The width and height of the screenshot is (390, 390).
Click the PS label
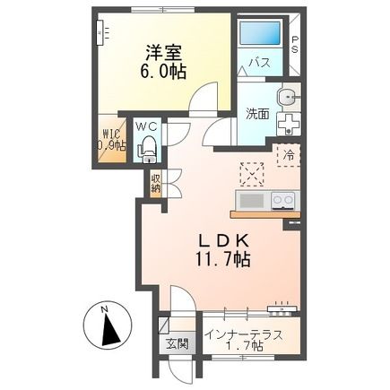(295, 46)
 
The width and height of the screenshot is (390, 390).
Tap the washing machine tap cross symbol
(290, 123)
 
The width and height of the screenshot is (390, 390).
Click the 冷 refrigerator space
(290, 153)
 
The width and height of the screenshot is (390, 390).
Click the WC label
(147, 126)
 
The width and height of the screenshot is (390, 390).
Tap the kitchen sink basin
(251, 199)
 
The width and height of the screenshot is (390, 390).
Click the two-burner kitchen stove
(283, 199)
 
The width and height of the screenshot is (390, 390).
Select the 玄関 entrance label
(174, 342)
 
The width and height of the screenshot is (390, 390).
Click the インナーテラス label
(243, 335)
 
